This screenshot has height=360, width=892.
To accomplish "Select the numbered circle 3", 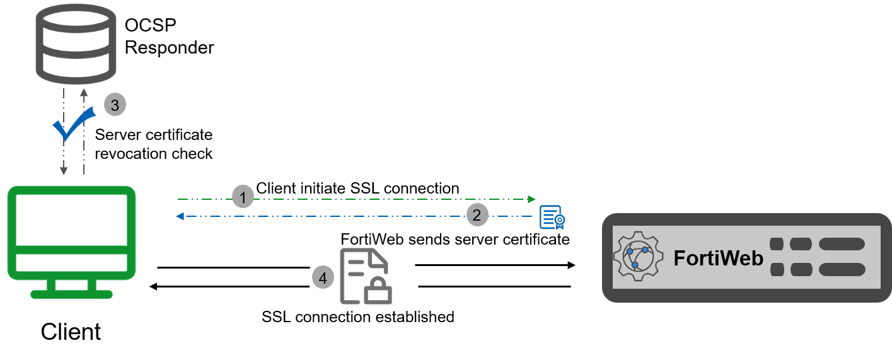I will coord(115,105).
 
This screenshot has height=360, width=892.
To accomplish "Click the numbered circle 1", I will coord(243,197).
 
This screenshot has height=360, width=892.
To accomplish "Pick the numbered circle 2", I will coord(477,216).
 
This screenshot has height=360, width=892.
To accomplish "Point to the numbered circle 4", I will coord(323,277).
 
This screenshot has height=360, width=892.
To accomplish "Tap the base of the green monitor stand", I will coord(71,294).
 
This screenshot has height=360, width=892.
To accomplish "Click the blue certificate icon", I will coord(552,218).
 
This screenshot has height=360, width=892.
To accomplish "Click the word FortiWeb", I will coord(718,258).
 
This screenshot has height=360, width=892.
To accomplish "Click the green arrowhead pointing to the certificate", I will coord(531,199).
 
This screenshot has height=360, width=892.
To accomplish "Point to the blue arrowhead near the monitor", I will coord(180,216).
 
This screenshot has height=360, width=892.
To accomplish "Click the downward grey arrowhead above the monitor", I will coord(63,171).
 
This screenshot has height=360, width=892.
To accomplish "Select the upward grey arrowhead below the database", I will coord(83,93).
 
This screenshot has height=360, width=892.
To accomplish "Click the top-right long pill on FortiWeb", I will coord(842,244).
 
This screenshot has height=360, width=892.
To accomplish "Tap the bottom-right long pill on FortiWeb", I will coord(842,270).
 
